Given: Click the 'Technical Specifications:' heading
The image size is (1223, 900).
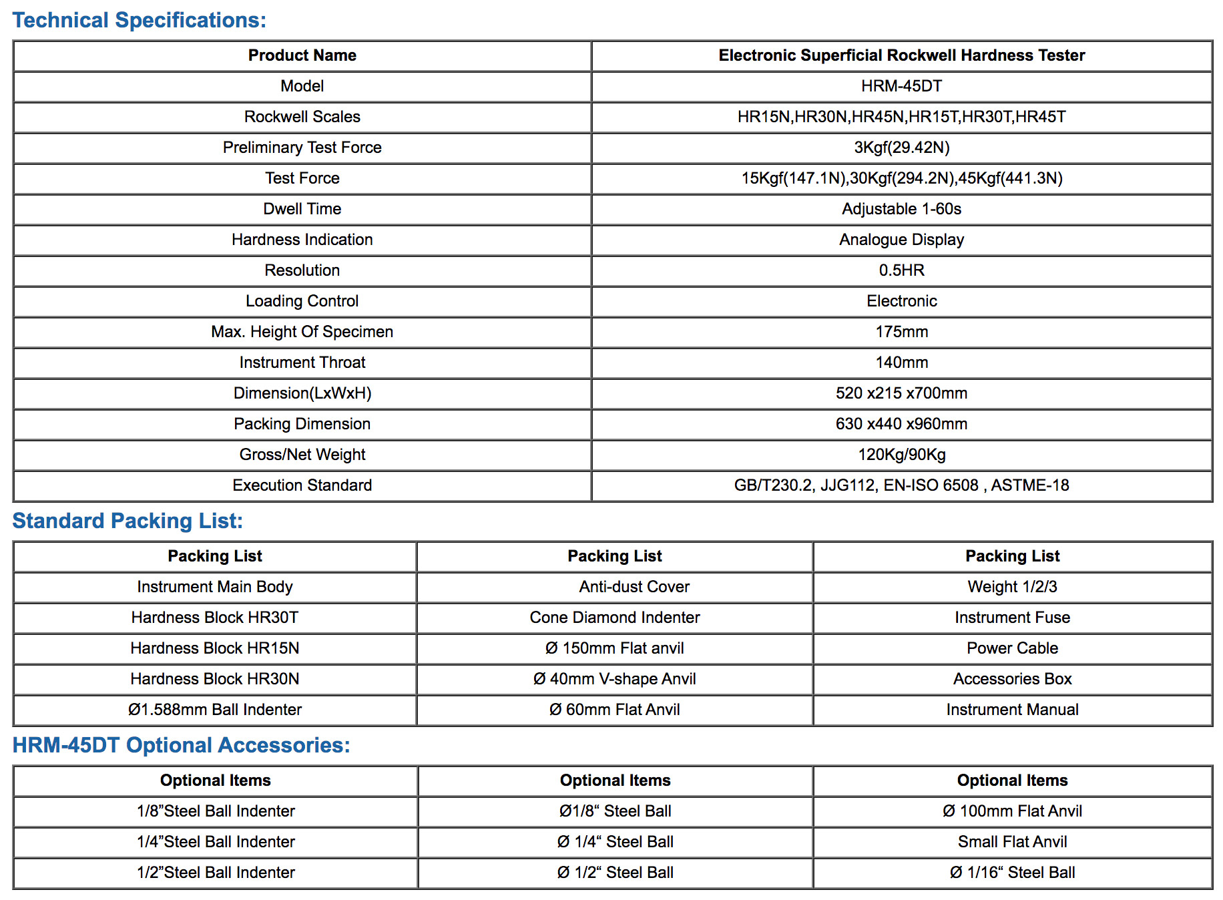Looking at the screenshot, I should point(139,20).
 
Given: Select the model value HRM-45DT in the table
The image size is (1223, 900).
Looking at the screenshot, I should point(901,86).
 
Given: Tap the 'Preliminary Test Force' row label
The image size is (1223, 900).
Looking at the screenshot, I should point(302,148).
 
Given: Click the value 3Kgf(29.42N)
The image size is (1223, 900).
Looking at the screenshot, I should point(901,148).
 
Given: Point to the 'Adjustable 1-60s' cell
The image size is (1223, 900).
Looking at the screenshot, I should point(901,209).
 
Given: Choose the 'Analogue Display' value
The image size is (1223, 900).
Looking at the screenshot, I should point(901,240).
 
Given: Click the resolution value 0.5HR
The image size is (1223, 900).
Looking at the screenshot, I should point(901,270).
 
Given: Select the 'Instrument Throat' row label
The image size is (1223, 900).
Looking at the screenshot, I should point(302,363).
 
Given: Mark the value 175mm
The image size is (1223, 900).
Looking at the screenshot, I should point(901,332).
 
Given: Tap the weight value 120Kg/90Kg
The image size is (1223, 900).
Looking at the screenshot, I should point(901,455).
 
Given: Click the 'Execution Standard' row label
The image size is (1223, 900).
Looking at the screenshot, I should point(302,485).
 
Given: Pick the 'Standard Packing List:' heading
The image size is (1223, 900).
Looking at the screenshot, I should point(128,521).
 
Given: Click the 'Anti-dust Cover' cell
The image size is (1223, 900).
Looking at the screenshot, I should point(634,587).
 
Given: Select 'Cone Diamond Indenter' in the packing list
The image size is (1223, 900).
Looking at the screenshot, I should point(614,618).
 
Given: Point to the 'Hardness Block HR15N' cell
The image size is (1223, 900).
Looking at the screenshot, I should point(214,648).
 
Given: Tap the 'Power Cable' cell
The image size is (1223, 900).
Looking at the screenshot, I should point(1012,648).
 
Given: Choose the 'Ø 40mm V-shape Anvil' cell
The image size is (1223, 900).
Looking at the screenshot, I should point(614,679).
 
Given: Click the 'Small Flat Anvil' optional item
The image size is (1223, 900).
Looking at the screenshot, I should point(1012,842).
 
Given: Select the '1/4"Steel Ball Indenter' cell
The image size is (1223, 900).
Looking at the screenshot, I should point(216,842).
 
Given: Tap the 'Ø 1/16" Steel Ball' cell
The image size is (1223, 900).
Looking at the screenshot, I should point(1012,873).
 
